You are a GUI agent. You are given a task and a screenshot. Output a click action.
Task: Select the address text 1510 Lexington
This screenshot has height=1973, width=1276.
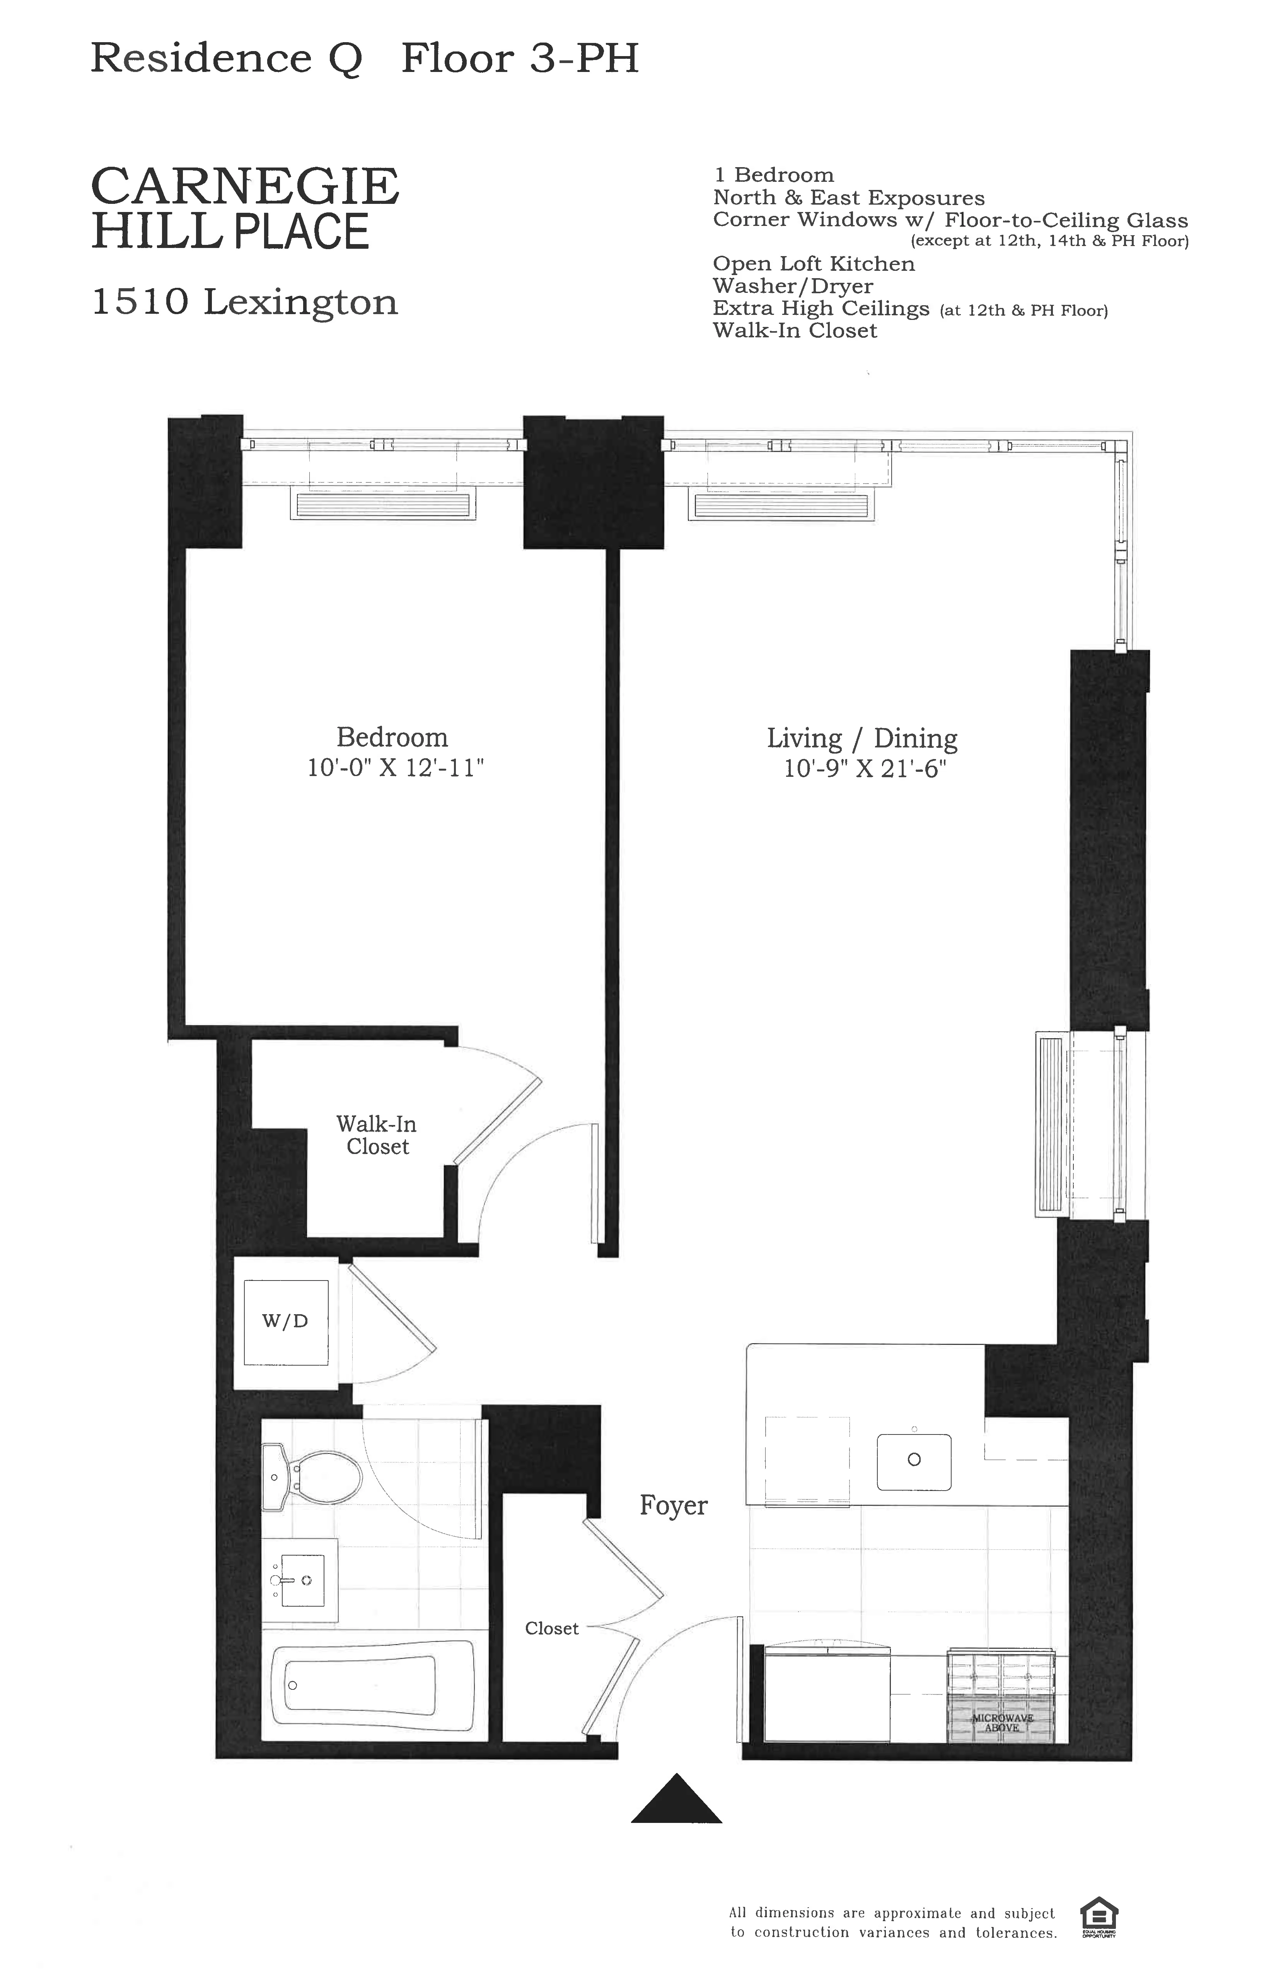(x=245, y=303)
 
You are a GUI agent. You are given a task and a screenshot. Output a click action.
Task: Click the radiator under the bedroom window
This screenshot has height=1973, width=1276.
(x=383, y=505)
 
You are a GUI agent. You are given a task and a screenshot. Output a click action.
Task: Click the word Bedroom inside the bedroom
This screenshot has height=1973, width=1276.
(x=392, y=737)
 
